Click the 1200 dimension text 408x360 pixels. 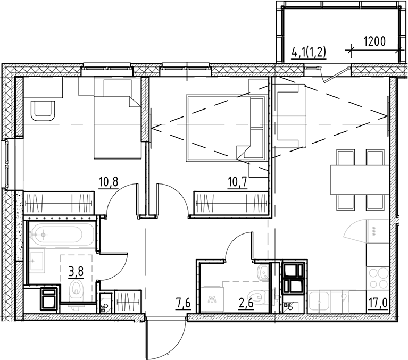(x=374, y=39)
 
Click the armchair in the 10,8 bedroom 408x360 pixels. (x=43, y=110)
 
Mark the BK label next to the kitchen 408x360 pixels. (x=288, y=305)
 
